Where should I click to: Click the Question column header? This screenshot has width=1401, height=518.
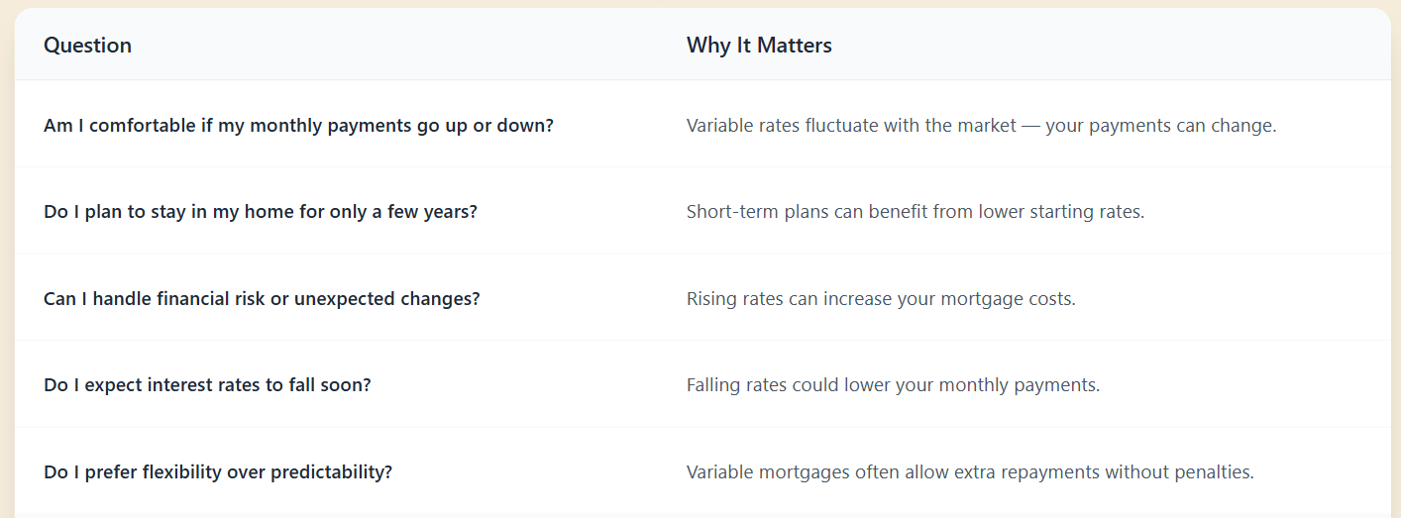[87, 46]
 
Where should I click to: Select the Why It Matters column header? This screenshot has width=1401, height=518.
[759, 46]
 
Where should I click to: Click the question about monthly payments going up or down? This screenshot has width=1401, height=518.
[298, 127]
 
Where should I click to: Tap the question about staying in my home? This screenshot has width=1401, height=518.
[260, 212]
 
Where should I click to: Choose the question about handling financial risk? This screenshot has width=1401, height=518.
[262, 299]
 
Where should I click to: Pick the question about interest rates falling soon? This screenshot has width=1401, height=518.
[207, 385]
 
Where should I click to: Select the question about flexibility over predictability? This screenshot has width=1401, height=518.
[218, 472]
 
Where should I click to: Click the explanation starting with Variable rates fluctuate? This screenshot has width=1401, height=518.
[981, 127]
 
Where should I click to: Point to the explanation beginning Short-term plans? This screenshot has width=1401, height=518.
[915, 212]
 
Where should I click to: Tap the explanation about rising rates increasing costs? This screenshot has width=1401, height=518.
[881, 299]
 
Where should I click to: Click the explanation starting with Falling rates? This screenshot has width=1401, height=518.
[893, 385]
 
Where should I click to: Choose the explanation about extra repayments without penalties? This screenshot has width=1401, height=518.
[970, 472]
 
